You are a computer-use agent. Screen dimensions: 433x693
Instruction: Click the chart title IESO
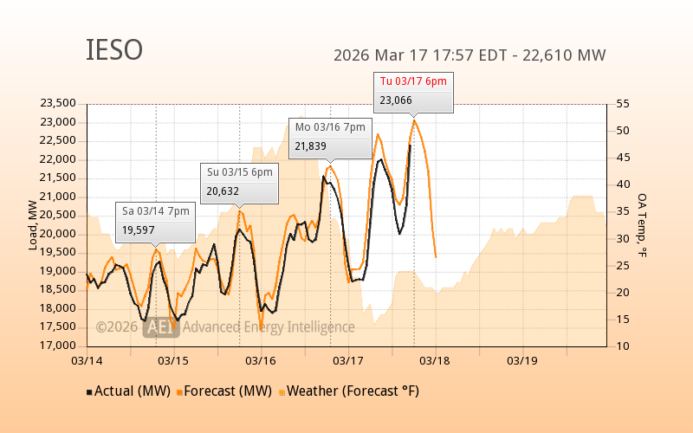click(114, 50)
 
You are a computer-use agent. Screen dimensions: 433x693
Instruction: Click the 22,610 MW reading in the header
click(569, 55)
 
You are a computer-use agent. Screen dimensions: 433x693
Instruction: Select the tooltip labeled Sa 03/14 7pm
click(156, 210)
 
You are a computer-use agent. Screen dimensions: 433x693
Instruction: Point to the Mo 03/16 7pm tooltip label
click(330, 126)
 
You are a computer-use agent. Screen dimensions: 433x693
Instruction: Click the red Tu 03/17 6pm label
click(413, 81)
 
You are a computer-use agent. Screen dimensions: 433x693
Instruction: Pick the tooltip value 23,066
click(397, 100)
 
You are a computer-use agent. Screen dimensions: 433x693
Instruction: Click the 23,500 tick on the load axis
click(58, 103)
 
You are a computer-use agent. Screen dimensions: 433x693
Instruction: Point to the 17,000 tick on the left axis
click(58, 346)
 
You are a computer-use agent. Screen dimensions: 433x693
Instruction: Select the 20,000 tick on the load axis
click(58, 234)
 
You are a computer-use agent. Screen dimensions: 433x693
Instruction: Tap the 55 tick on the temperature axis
click(622, 103)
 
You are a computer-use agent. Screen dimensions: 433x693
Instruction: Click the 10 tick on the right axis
click(622, 346)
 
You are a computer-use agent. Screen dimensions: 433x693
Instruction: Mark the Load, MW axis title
click(33, 225)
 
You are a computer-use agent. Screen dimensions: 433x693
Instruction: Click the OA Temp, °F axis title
click(643, 225)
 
